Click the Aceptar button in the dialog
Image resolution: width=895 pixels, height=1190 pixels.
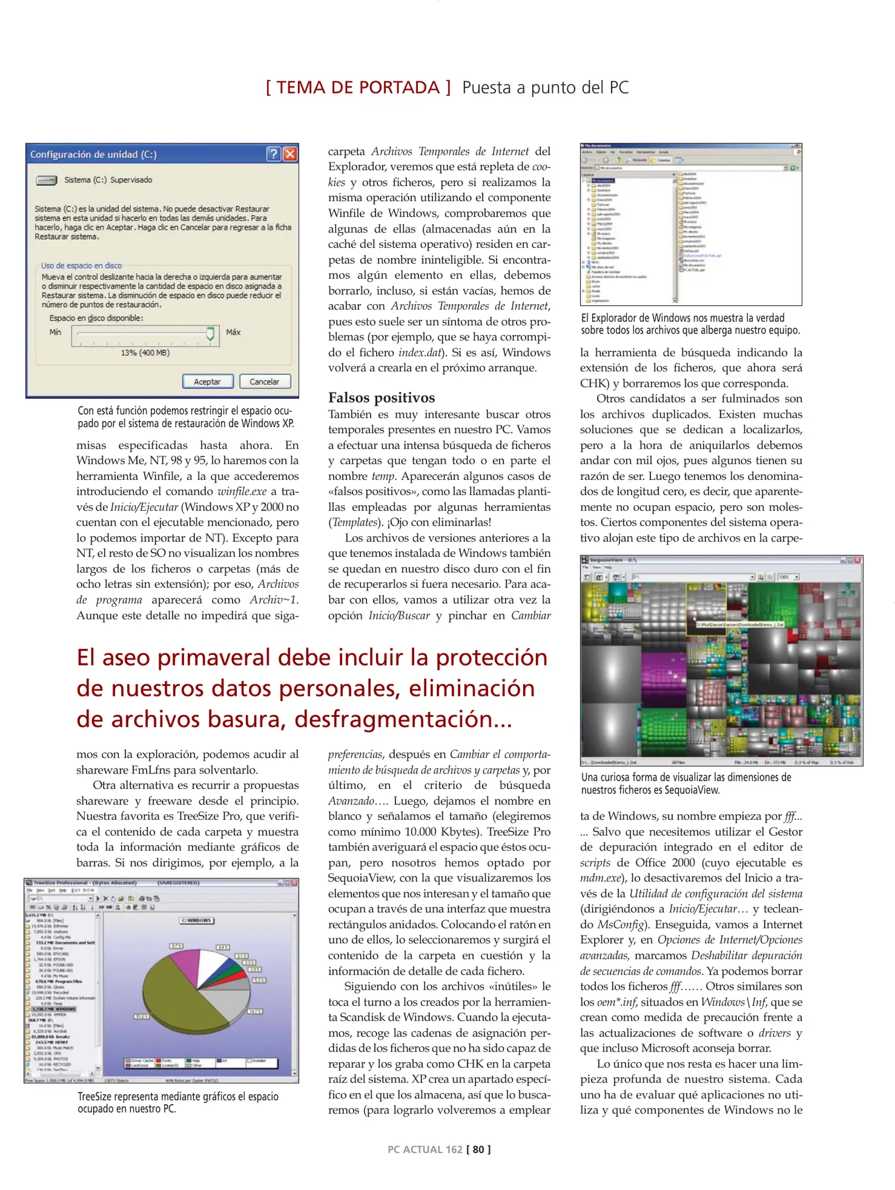coord(207,381)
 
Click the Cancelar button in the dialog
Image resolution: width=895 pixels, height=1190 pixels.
coord(264,381)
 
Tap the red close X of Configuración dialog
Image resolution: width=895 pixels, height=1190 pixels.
coord(290,154)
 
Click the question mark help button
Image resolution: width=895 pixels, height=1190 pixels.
coord(273,154)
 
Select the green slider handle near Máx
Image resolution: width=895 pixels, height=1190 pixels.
coord(210,333)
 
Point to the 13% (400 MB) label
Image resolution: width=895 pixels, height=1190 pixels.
coord(145,353)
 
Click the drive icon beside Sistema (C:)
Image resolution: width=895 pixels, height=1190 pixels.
coord(46,180)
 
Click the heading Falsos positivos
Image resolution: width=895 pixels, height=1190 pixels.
coord(381,397)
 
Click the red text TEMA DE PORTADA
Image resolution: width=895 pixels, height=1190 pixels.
coord(358,88)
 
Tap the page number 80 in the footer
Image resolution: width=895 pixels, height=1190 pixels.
coord(478,1149)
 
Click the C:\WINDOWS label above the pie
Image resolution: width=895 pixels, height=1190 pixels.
coord(197,921)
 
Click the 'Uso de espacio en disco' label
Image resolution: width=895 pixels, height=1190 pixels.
coord(82,266)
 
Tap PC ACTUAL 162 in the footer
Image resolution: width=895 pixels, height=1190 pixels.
coord(425,1149)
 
